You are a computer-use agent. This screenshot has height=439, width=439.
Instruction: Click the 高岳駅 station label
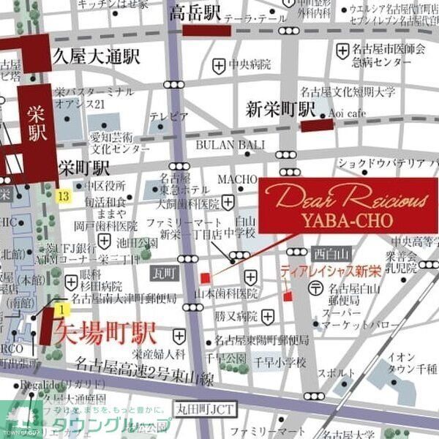[x=195, y=13]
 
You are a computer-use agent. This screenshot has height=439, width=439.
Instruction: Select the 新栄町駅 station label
[x=279, y=110]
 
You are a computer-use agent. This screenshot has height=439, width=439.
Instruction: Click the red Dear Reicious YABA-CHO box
[x=348, y=205]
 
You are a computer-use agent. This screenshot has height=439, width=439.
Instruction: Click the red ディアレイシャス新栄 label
[x=330, y=271]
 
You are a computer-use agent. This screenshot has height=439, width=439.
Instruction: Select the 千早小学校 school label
[x=280, y=363]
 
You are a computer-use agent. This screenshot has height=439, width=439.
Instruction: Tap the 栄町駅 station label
[x=84, y=167]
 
